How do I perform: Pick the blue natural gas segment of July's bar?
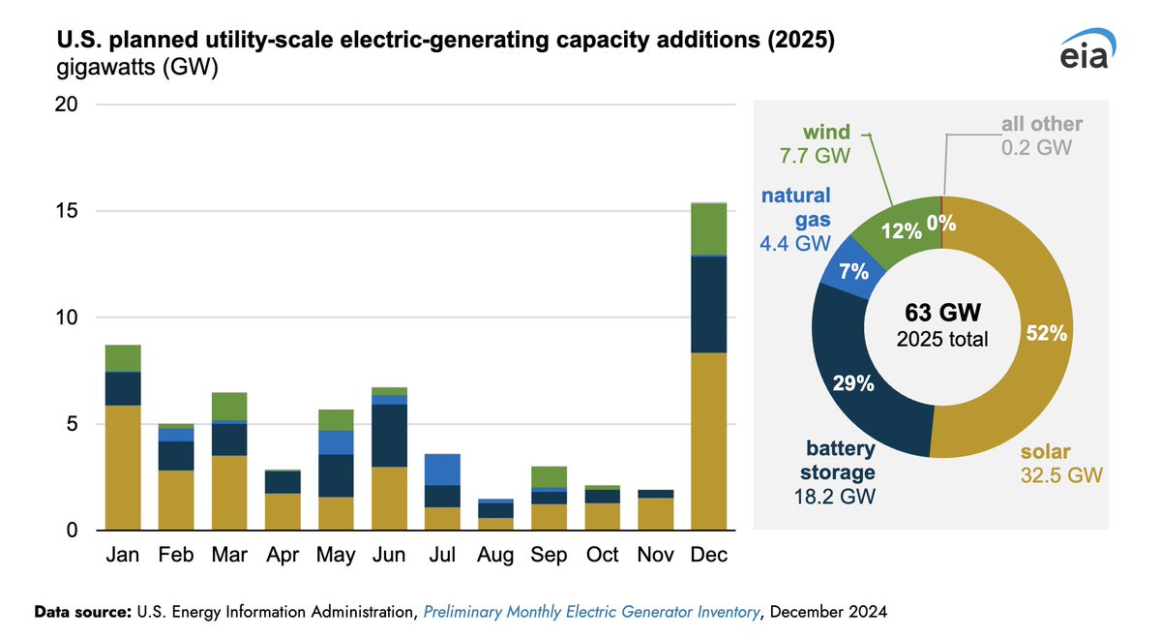point(443,470)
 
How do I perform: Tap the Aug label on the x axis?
point(495,557)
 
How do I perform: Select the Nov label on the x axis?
point(655,557)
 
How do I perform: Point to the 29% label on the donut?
point(854,383)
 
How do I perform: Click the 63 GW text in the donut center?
point(942,313)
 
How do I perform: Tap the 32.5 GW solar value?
point(1062,475)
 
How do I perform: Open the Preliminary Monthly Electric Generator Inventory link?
point(591,612)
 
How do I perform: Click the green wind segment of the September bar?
point(550,476)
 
